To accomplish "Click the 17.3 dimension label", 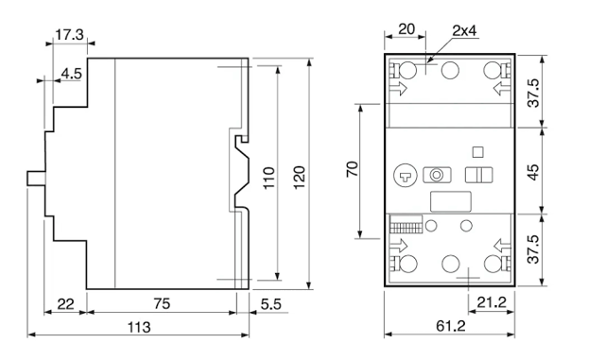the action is pos(69,35).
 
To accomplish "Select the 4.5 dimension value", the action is pos(72,73).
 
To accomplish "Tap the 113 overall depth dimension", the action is pos(139,327).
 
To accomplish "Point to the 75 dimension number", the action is pos(162,303).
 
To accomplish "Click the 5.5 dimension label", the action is pos(271,304).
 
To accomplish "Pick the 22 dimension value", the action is pos(65,304).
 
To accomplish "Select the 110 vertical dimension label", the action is pos(268,178).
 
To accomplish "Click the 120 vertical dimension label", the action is pos(300,178).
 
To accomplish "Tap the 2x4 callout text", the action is pos(465,30).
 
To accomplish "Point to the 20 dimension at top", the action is pos(406,29).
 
